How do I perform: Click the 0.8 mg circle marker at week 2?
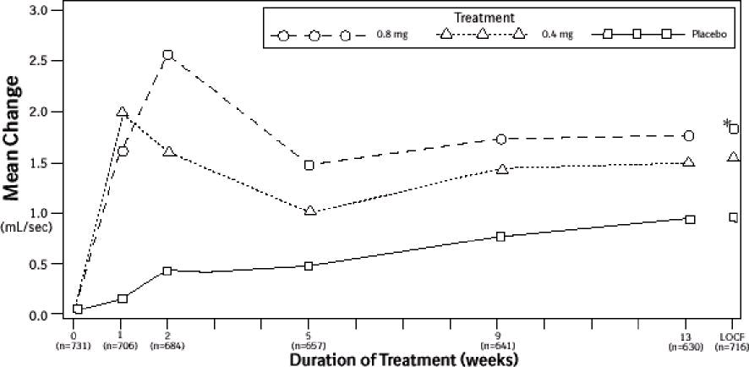tap(167, 55)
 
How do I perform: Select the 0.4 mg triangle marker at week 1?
tap(123, 112)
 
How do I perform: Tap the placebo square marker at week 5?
tap(309, 266)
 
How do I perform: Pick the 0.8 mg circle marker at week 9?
tap(501, 139)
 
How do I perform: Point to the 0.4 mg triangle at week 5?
tap(309, 210)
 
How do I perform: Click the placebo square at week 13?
tap(690, 219)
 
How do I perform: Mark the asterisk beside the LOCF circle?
tap(726, 124)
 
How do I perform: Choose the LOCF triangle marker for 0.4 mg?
tap(733, 157)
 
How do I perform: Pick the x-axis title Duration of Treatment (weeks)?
tap(404, 359)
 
